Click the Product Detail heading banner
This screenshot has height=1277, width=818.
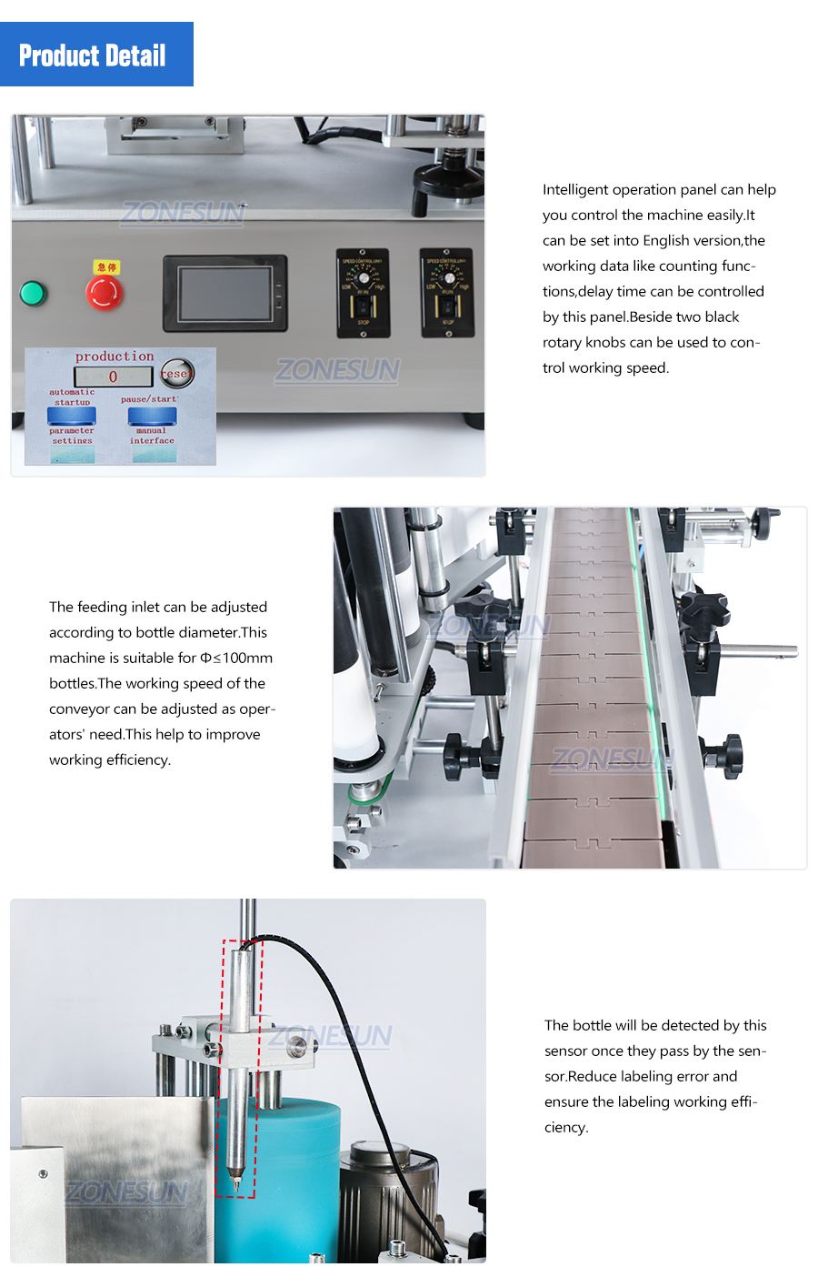point(96,55)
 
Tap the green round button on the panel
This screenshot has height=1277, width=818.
point(33,293)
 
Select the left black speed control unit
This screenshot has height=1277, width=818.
point(363,293)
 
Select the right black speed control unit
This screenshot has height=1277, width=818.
point(446,292)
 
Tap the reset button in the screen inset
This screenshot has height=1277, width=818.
point(175,373)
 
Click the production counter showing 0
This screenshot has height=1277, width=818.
point(114,377)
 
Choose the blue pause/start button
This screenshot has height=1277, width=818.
point(152,416)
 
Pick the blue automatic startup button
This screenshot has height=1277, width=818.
point(72,416)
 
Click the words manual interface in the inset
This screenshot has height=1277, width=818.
point(152,436)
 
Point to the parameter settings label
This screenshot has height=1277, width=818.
point(72,436)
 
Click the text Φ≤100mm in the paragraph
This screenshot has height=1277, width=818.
point(236,658)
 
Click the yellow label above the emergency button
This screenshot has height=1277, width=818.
point(105,267)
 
